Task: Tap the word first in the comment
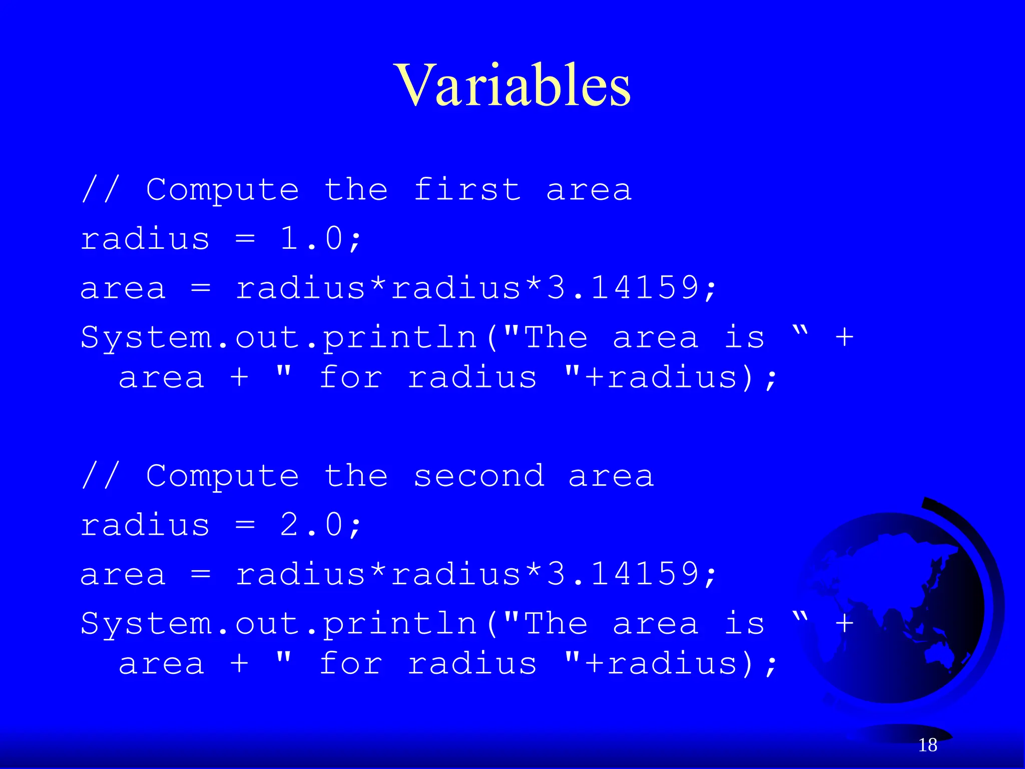467,190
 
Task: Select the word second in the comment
478,476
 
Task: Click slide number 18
927,745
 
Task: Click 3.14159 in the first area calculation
623,288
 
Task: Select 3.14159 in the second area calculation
623,574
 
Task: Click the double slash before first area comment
101,190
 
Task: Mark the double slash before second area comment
101,476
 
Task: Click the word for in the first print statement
350,377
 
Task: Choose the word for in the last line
350,664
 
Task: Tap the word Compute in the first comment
222,190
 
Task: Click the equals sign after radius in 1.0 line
245,239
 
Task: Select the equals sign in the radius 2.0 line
245,526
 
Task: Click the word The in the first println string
556,337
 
